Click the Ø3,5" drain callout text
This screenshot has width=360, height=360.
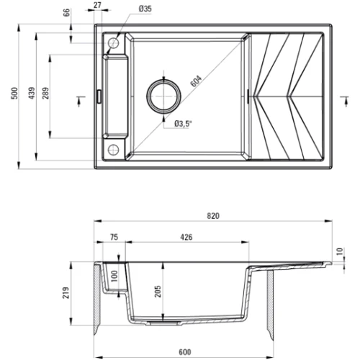point(184,124)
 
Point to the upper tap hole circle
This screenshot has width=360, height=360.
point(113,44)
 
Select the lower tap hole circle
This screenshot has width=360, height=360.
point(113,149)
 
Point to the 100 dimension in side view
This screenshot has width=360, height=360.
point(113,276)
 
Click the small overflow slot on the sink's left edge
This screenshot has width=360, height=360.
point(99,94)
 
